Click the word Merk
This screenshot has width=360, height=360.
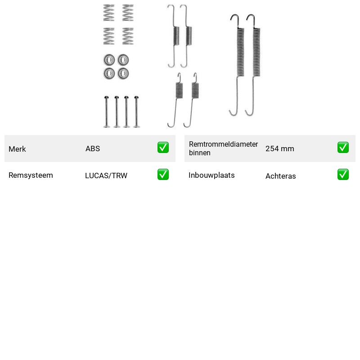pyautogui.click(x=17, y=149)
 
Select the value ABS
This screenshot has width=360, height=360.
pyautogui.click(x=93, y=148)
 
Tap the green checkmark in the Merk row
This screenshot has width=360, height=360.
pyautogui.click(x=163, y=148)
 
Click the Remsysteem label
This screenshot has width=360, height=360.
pyautogui.click(x=31, y=175)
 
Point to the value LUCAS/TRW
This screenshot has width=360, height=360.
pyautogui.click(x=106, y=175)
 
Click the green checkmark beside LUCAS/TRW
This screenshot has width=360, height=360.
pyautogui.click(x=163, y=174)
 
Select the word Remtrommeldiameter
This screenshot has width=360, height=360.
pyautogui.click(x=223, y=144)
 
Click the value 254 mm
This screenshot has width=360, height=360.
pyautogui.click(x=279, y=148)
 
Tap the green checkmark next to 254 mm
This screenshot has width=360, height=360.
pyautogui.click(x=343, y=148)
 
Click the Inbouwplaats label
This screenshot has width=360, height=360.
pyautogui.click(x=211, y=175)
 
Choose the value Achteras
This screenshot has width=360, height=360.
pyautogui.click(x=280, y=176)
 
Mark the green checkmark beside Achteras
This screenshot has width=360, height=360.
pyautogui.click(x=343, y=174)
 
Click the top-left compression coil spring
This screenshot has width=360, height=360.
pyautogui.click(x=109, y=13)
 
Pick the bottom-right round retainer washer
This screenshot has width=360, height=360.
pyautogui.click(x=123, y=73)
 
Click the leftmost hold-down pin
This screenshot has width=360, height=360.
pyautogui.click(x=106, y=112)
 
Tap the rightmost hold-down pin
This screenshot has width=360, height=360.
pyautogui.click(x=137, y=112)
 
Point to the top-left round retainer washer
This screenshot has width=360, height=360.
pyautogui.click(x=109, y=60)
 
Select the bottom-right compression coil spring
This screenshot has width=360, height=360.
pyautogui.click(x=128, y=36)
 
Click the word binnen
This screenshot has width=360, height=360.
pyautogui.click(x=199, y=153)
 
